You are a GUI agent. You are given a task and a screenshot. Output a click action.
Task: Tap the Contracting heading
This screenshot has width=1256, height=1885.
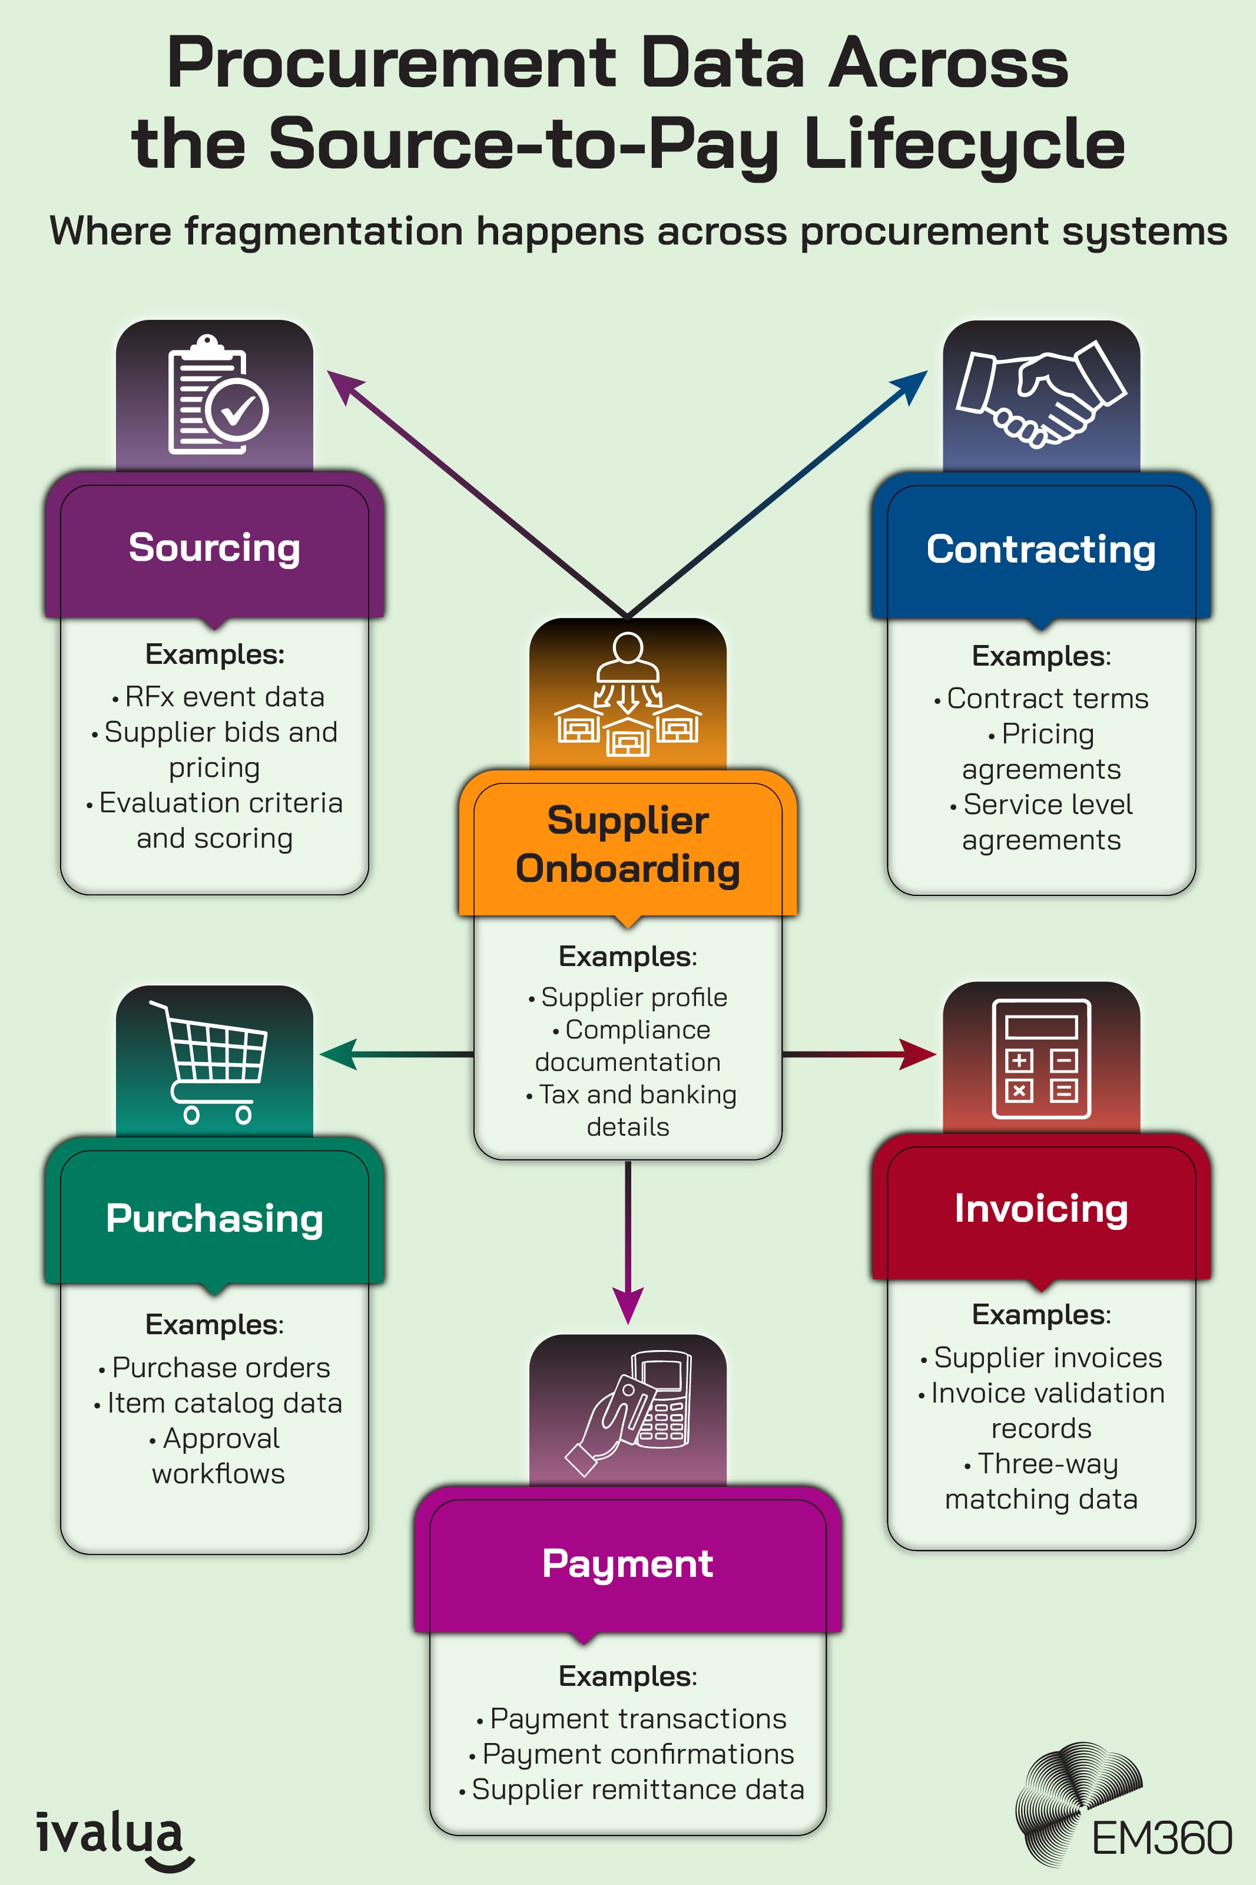pos(1040,550)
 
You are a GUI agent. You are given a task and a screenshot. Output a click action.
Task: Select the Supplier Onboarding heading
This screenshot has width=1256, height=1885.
pos(627,844)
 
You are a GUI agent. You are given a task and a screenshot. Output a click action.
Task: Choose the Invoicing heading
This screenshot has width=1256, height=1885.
pos(1040,1208)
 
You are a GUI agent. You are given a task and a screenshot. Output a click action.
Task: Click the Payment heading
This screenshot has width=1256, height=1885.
pos(627,1563)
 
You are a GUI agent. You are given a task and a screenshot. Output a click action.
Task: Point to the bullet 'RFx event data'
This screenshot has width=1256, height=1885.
pos(224,697)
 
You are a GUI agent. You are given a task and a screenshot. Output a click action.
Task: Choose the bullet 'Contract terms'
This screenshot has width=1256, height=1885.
pos(1047,699)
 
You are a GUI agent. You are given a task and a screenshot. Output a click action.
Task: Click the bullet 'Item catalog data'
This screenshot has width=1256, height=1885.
pos(224,1403)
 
